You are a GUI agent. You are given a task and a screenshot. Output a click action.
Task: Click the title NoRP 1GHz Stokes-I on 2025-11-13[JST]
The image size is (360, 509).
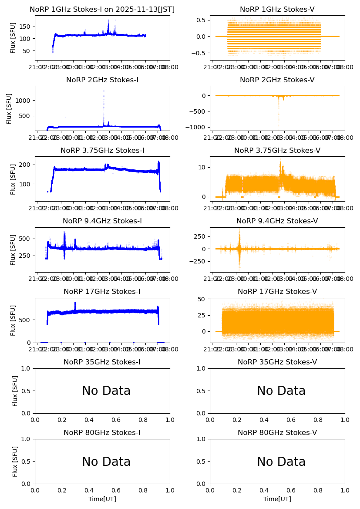click(102, 10)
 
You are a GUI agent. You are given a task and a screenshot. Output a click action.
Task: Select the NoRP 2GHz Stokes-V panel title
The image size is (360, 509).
click(277, 80)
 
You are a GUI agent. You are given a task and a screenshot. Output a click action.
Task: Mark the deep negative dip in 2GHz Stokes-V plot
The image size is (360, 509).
click(279, 125)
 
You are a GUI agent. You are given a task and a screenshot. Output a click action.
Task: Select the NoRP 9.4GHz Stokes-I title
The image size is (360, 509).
click(102, 221)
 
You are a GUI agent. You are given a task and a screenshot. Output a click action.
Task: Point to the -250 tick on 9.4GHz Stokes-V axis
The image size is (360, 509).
click(199, 261)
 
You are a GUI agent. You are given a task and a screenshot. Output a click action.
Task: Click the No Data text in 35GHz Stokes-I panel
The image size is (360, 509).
click(106, 391)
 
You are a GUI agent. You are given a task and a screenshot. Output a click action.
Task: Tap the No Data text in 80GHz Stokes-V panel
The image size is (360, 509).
click(281, 462)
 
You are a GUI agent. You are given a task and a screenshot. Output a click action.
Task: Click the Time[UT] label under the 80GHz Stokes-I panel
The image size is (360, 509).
click(102, 499)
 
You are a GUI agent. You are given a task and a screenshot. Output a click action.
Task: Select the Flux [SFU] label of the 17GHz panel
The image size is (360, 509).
click(13, 320)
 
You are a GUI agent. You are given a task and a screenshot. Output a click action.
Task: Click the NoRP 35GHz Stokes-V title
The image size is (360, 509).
click(277, 362)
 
